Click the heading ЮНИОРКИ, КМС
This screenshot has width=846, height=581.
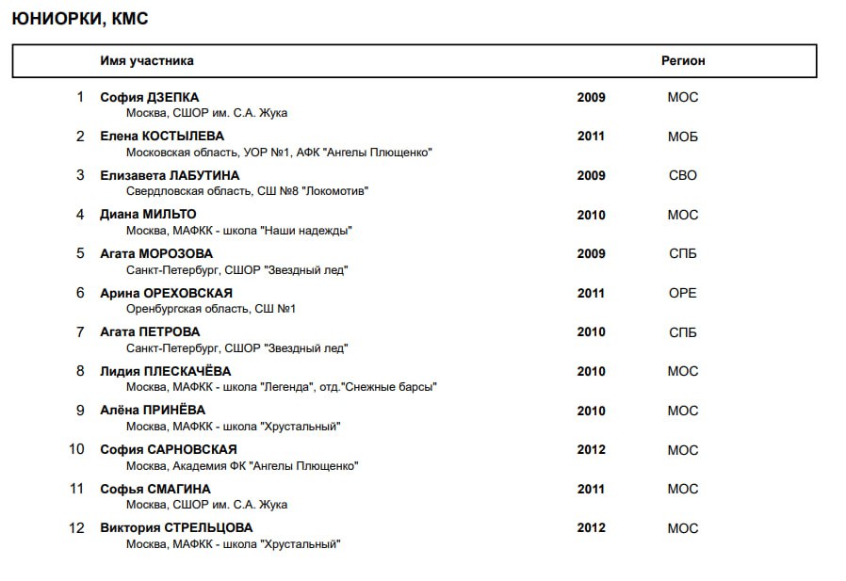click(x=80, y=19)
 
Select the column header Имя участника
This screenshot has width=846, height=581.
click(x=147, y=61)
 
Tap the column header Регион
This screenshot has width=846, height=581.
click(x=683, y=61)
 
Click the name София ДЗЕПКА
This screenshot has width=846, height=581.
click(x=150, y=97)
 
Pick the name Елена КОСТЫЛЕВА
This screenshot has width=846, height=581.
click(x=162, y=137)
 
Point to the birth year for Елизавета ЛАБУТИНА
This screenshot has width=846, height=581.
click(x=591, y=176)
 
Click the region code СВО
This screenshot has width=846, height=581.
click(x=683, y=176)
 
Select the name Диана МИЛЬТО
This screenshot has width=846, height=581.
click(x=148, y=215)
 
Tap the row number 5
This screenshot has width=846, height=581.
click(x=80, y=254)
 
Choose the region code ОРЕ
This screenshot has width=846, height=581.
click(x=683, y=294)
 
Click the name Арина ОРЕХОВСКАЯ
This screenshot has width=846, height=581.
click(x=166, y=294)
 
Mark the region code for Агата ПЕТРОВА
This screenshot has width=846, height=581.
click(x=683, y=332)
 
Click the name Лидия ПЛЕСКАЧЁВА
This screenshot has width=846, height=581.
click(x=165, y=372)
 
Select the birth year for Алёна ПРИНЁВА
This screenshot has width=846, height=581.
click(x=591, y=412)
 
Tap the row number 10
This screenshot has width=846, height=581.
click(x=77, y=450)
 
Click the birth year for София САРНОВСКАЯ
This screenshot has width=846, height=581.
click(x=591, y=450)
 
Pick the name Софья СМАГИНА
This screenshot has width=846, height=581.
click(x=155, y=490)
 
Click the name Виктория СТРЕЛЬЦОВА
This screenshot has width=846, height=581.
click(x=176, y=528)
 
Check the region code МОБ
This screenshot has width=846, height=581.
click(x=683, y=137)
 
